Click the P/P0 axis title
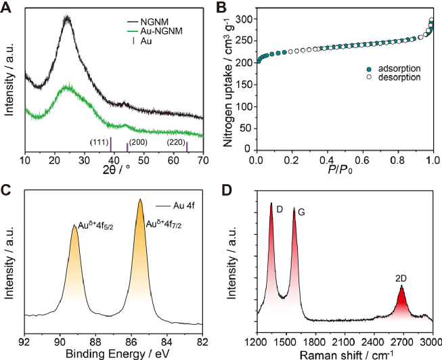(x=345, y=171)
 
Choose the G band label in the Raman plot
(x=301, y=212)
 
